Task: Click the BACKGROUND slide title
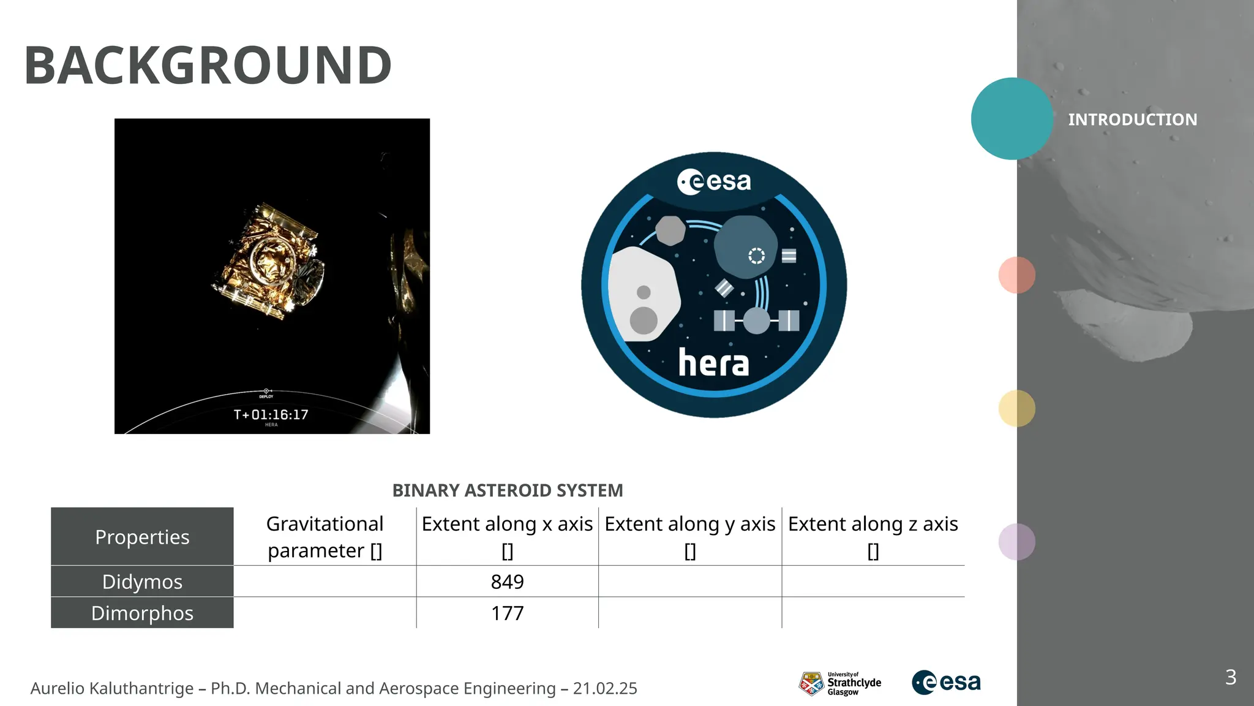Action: coord(208,66)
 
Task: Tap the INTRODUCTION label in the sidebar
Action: coord(1132,120)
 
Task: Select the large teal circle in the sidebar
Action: coord(1012,118)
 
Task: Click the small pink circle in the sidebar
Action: coord(1016,275)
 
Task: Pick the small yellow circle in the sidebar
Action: coord(1016,408)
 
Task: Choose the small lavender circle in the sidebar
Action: coord(1016,542)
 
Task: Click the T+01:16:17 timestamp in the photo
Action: coord(271,415)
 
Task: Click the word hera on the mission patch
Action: coord(713,363)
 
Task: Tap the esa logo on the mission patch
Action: coord(714,182)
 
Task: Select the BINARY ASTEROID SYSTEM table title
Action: coord(508,490)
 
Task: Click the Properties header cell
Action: coord(142,537)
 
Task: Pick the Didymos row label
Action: coord(142,582)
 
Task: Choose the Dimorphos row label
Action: coord(142,613)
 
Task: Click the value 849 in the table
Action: coord(507,582)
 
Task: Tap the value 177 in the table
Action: coord(507,613)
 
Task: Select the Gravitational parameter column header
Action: coord(325,537)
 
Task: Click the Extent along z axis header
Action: coord(873,537)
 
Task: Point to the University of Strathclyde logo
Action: coord(839,683)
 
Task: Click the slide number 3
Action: coord(1231,677)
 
